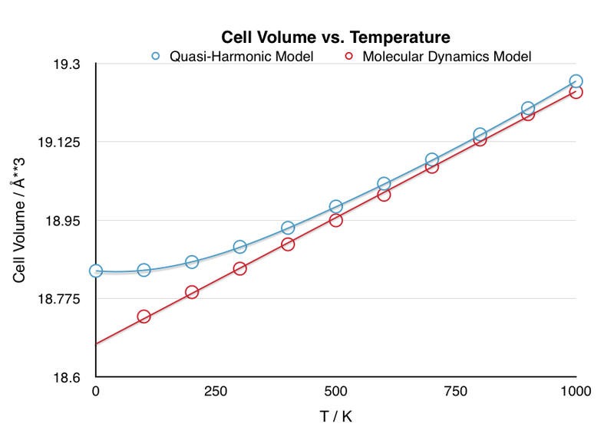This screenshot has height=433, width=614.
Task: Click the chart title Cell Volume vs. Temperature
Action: tap(335, 37)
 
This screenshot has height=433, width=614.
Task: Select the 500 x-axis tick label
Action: tap(336, 392)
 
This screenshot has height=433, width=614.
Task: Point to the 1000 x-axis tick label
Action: tap(576, 392)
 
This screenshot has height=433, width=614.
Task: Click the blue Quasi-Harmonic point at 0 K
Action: tap(96, 271)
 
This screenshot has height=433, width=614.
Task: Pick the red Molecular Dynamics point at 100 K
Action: tap(144, 317)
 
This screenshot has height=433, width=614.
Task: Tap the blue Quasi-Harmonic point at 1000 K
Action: tap(576, 81)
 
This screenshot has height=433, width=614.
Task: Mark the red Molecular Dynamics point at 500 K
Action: tap(335, 221)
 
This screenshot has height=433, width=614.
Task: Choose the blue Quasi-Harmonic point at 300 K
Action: tap(239, 247)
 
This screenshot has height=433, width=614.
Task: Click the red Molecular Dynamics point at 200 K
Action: tap(192, 292)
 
